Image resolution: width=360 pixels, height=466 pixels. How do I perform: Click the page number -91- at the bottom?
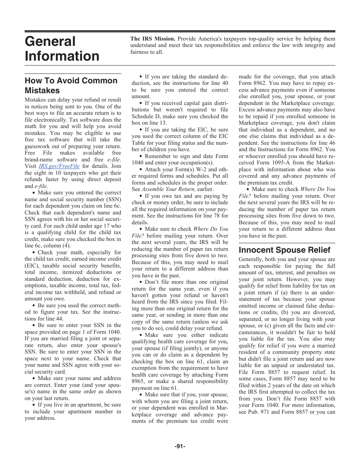[x=180, y=446]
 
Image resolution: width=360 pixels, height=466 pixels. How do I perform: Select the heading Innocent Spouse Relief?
[x=284, y=250]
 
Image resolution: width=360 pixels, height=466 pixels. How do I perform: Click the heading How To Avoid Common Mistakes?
[x=71, y=85]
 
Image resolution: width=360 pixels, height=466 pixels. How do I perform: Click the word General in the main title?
[x=50, y=41]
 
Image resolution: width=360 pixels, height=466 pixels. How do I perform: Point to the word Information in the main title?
[x=62, y=56]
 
